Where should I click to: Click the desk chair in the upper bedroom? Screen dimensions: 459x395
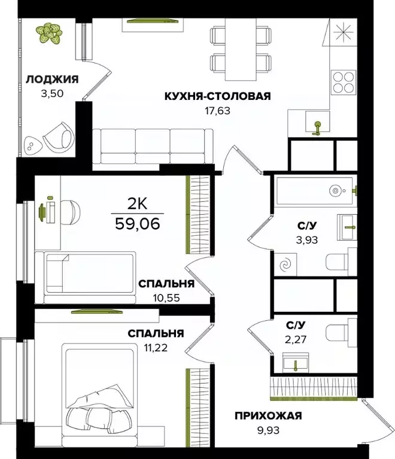pyautogui.click(x=71, y=211)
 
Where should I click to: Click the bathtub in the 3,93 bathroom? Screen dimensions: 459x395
pyautogui.click(x=314, y=191)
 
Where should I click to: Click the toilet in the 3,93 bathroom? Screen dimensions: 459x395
pyautogui.click(x=344, y=262)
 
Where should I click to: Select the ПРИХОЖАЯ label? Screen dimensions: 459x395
pyautogui.click(x=268, y=416)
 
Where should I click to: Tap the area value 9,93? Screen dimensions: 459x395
pyautogui.click(x=268, y=430)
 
